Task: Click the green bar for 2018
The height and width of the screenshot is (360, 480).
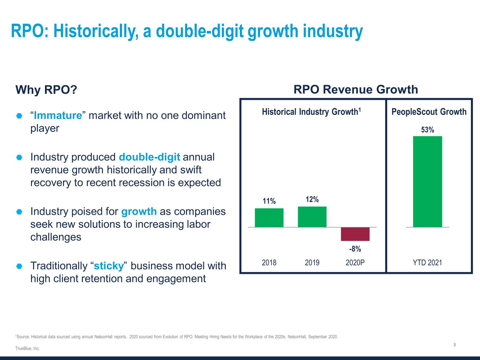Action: click(x=269, y=218)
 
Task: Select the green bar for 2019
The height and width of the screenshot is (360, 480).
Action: click(x=312, y=217)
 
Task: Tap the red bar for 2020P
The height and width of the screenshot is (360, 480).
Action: click(x=355, y=234)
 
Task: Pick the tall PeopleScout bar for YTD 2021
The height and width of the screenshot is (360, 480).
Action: click(x=428, y=182)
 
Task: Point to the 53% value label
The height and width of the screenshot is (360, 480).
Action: click(x=428, y=130)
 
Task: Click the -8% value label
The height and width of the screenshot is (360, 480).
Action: click(x=355, y=249)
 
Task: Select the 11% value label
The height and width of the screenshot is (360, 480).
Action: click(x=269, y=201)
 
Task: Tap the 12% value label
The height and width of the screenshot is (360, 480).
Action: click(x=312, y=199)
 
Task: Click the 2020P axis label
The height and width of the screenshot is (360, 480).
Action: click(x=355, y=263)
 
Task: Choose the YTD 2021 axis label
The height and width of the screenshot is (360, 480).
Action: click(x=428, y=263)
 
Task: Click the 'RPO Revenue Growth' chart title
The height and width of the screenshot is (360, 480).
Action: click(x=356, y=90)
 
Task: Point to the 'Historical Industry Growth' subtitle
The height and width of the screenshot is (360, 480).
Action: click(x=312, y=112)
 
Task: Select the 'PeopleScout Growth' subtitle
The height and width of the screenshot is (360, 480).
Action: click(x=429, y=112)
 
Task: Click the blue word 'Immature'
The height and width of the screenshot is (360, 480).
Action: click(x=58, y=115)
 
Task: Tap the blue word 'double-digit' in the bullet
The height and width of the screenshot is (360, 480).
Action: click(x=149, y=157)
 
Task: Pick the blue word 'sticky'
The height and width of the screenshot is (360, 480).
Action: click(x=109, y=266)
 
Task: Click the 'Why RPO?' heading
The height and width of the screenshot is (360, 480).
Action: click(x=46, y=90)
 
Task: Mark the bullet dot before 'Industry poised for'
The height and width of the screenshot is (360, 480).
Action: click(x=19, y=212)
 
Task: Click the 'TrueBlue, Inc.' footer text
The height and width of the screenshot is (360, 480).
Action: click(x=27, y=348)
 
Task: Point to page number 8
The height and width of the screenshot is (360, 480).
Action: click(x=455, y=345)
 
